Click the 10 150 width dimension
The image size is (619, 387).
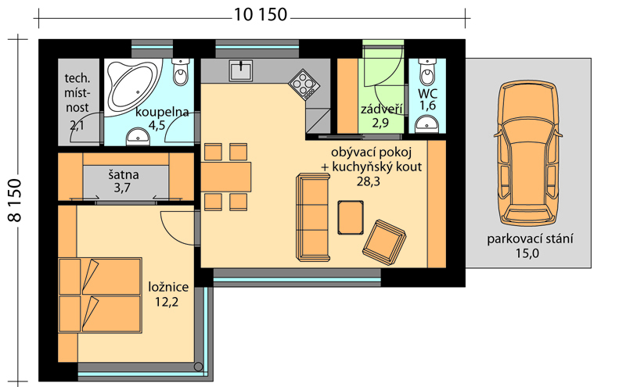(x=261, y=15)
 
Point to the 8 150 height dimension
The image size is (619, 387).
(x=15, y=200)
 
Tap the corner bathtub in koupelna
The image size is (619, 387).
(x=134, y=86)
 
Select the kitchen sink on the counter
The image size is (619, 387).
(x=241, y=70)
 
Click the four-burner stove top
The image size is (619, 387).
(x=304, y=84)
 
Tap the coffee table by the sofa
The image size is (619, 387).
(x=351, y=217)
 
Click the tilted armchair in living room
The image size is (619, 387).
(x=384, y=242)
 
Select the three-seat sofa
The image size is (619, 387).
(x=313, y=217)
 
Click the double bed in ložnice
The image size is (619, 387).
(x=100, y=296)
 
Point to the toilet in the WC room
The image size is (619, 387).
(x=427, y=72)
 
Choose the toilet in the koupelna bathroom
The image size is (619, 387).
(x=182, y=72)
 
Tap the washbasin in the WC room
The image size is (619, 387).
(x=427, y=124)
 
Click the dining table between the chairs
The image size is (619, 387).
(x=226, y=177)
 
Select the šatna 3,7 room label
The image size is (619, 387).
(x=123, y=181)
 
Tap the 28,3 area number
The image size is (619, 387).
(x=368, y=181)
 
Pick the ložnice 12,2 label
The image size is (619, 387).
(x=168, y=294)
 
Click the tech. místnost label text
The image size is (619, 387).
(x=77, y=93)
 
